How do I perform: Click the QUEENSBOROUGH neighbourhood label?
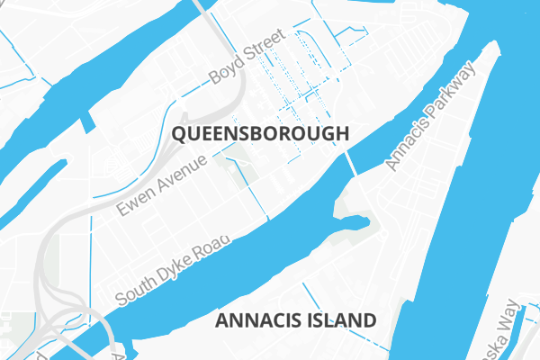258,135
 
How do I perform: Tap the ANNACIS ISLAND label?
296,320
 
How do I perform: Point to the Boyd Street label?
246,57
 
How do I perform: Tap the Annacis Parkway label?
429,116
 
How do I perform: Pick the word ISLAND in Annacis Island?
340,320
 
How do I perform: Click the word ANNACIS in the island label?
258,320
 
